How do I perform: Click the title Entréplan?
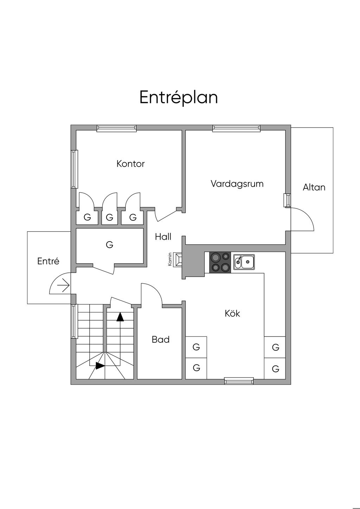(179, 97)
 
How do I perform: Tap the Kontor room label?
(130, 164)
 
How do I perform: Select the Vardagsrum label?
(237, 184)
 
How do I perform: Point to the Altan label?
(314, 187)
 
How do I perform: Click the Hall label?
(163, 237)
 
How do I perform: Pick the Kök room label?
(232, 313)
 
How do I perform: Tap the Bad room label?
(161, 340)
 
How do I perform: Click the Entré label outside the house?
(48, 261)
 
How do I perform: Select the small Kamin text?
(170, 259)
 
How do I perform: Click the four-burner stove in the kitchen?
(220, 262)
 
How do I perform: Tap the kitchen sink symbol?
(244, 262)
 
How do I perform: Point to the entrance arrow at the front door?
(63, 285)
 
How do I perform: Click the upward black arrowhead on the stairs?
(120, 317)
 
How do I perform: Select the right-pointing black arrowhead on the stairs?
(100, 366)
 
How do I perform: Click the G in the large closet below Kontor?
(109, 245)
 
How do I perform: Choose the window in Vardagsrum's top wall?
(236, 128)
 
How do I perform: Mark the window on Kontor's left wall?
(74, 169)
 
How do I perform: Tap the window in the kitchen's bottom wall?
(239, 381)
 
